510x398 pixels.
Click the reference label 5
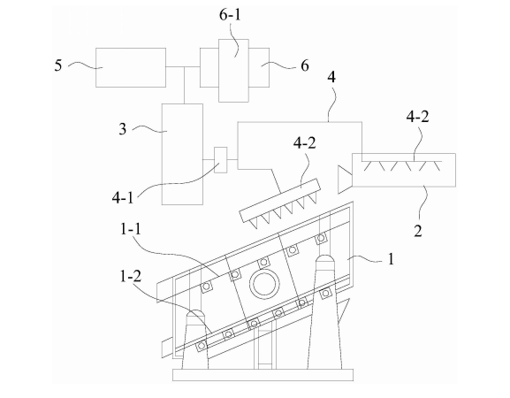click(x=58, y=65)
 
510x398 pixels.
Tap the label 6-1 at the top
click(x=230, y=15)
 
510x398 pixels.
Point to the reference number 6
click(x=304, y=65)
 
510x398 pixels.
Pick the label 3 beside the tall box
click(x=122, y=129)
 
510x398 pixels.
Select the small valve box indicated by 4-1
click(x=220, y=160)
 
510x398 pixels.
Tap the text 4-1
click(x=123, y=197)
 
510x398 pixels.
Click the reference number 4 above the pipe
click(x=331, y=77)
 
